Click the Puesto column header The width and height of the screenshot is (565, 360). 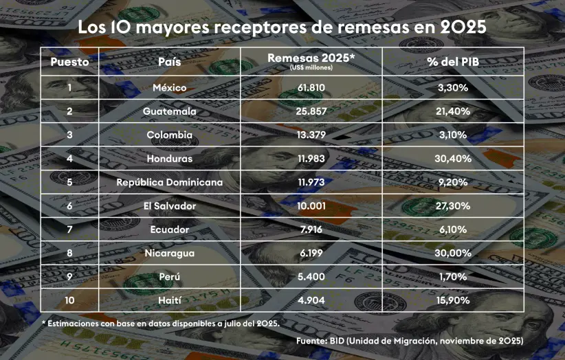pyautogui.click(x=69, y=62)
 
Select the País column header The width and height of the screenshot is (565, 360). pyautogui.click(x=169, y=62)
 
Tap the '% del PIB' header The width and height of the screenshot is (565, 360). pyautogui.click(x=453, y=62)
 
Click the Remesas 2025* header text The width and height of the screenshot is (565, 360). pyautogui.click(x=311, y=58)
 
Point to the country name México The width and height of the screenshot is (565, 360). pyautogui.click(x=169, y=88)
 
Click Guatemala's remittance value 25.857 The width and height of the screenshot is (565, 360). pyautogui.click(x=311, y=111)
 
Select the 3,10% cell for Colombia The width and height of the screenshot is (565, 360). pyautogui.click(x=453, y=135)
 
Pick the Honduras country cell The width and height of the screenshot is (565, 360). pyautogui.click(x=169, y=159)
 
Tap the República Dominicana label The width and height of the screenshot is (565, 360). pyautogui.click(x=169, y=183)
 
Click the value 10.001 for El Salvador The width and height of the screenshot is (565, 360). pyautogui.click(x=311, y=206)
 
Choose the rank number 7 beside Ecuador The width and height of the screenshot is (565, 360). pyautogui.click(x=69, y=229)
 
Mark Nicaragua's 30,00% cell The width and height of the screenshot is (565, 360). pyautogui.click(x=453, y=254)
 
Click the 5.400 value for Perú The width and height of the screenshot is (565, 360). pyautogui.click(x=311, y=277)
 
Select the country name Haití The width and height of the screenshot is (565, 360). pyautogui.click(x=169, y=301)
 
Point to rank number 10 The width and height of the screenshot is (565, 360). pyautogui.click(x=69, y=301)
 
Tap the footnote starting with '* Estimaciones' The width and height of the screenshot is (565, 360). pyautogui.click(x=160, y=323)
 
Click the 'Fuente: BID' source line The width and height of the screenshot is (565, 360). pyautogui.click(x=410, y=340)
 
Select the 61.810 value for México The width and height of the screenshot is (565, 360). pyautogui.click(x=311, y=88)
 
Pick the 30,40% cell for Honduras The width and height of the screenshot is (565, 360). pyautogui.click(x=453, y=159)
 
